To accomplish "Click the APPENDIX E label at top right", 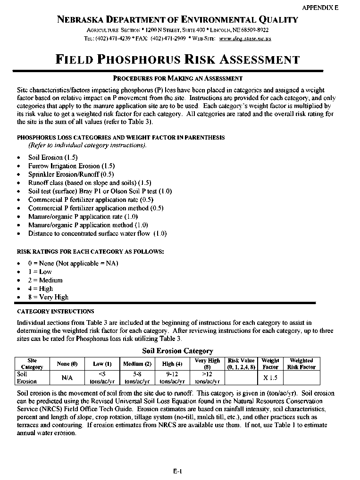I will pyautogui.click(x=320, y=8).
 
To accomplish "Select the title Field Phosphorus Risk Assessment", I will pyautogui.click(x=177, y=60).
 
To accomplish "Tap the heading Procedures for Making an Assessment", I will pyautogui.click(x=178, y=78).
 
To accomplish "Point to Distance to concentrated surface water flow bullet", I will pyautogui.click(x=97, y=233).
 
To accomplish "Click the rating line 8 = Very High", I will pyautogui.click(x=48, y=297).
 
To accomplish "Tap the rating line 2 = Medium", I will pyautogui.click(x=45, y=280).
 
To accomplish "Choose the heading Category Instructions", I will pyautogui.click(x=55, y=312).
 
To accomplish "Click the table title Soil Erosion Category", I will pyautogui.click(x=177, y=351).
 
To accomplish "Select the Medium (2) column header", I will pyautogui.click(x=137, y=364).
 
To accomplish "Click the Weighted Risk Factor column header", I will pyautogui.click(x=301, y=364).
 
